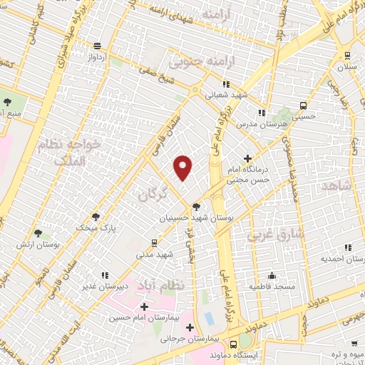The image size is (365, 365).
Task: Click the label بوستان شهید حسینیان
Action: tap(185, 217)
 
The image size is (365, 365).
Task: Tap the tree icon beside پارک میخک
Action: tap(96, 216)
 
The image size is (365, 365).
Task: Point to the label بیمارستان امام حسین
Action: tap(143, 318)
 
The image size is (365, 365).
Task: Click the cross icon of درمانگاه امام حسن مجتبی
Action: tap(247, 158)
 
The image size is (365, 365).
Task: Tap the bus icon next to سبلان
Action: tap(347, 56)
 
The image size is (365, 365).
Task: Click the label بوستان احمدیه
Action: tap(341, 258)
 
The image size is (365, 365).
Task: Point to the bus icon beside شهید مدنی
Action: tap(155, 243)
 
